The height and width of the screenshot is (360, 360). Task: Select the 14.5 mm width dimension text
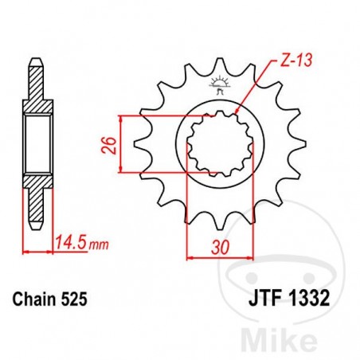click(67, 237)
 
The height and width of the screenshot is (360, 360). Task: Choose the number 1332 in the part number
click(301, 299)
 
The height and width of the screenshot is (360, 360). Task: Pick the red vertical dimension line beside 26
click(120, 144)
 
